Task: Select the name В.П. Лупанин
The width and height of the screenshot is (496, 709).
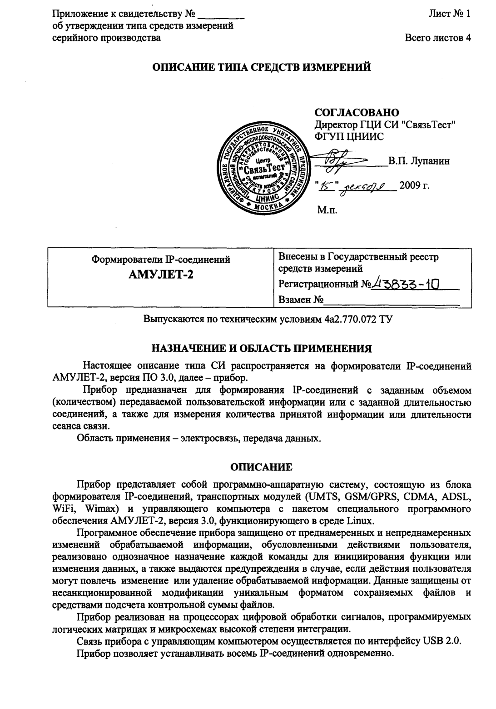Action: (x=419, y=161)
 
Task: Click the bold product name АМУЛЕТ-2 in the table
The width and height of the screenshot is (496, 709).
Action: (x=161, y=275)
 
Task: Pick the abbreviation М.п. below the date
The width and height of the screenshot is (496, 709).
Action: (x=326, y=209)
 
